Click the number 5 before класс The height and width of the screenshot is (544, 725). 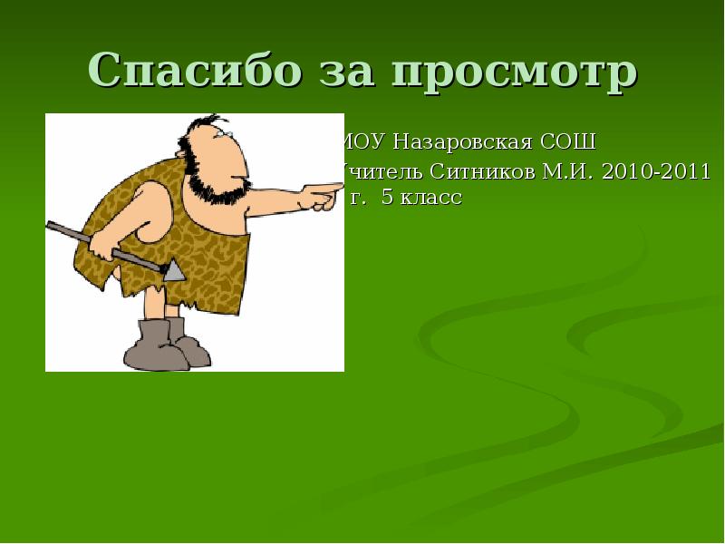coord(387,198)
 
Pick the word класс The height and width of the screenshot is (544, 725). coord(432,198)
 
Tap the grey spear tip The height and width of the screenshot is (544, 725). coord(174,269)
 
